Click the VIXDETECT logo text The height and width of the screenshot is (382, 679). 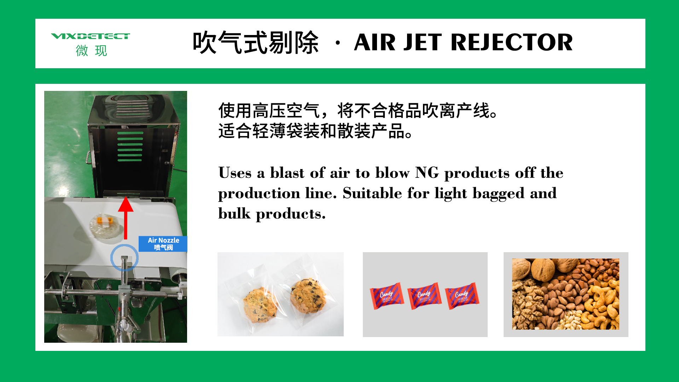(91, 36)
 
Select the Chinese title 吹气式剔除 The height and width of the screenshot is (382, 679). (255, 42)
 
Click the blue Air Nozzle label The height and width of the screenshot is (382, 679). (163, 244)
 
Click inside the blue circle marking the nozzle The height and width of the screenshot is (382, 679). (124, 258)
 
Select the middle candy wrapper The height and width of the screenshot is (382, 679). (424, 296)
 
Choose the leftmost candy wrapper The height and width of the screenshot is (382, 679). (387, 296)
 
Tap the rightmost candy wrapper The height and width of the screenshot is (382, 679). (462, 296)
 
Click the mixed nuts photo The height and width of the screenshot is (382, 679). (565, 294)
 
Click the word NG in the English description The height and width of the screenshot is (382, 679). (427, 173)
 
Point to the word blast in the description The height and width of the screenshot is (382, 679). (287, 173)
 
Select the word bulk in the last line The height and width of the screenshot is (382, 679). (234, 214)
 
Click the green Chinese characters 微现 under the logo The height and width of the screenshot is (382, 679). (91, 51)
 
